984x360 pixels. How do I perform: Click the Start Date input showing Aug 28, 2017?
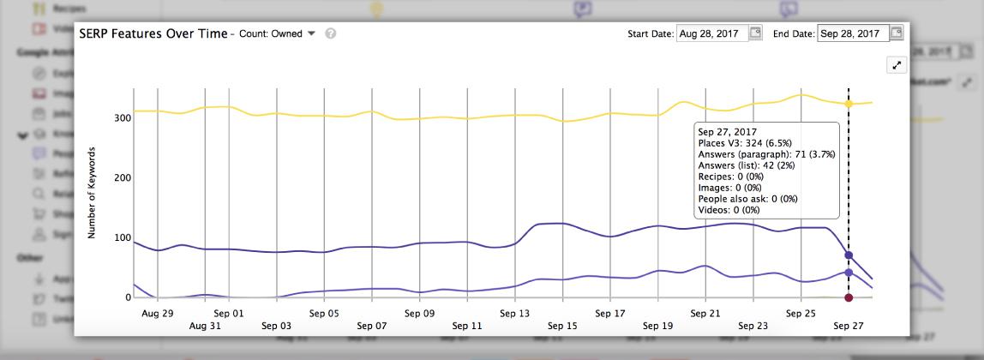pos(711,33)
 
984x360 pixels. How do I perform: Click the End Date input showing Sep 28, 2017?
pos(853,33)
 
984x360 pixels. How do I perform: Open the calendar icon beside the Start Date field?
pos(755,33)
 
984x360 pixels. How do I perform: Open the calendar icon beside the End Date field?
pos(897,33)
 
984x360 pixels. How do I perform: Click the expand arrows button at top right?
pos(896,65)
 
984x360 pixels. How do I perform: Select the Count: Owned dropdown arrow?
pos(311,33)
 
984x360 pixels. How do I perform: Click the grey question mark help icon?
pos(330,33)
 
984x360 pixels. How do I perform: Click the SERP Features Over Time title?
pos(153,33)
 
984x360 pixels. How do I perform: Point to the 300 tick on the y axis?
pos(122,117)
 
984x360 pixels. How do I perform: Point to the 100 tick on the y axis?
pos(122,237)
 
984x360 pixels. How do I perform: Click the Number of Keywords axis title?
pos(91,193)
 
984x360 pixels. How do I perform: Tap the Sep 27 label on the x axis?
pos(849,326)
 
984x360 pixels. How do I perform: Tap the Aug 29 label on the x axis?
pos(157,314)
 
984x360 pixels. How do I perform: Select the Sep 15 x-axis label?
pos(562,326)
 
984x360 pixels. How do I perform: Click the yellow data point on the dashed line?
pos(849,104)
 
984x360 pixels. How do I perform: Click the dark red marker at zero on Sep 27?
pos(849,297)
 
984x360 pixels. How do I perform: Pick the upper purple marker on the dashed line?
pos(849,255)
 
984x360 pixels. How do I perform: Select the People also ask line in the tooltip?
pos(748,199)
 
